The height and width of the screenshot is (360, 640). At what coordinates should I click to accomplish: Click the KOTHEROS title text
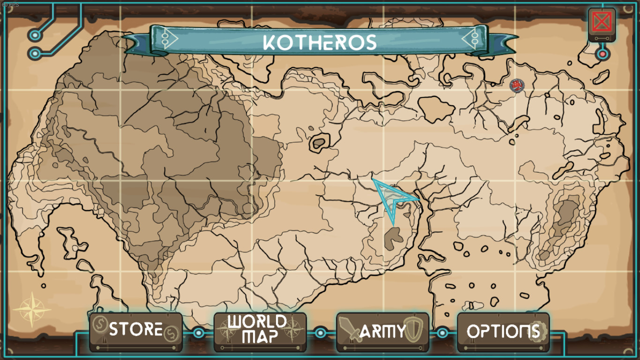point(320,42)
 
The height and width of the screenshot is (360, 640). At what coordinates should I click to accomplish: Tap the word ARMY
point(382,332)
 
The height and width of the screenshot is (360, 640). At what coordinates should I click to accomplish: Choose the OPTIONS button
point(503,331)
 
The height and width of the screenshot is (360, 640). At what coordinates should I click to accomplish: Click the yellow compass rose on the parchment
point(32,309)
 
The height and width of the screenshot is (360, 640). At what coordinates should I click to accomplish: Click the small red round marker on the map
point(516,85)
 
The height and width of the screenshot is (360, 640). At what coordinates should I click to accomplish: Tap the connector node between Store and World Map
point(198,333)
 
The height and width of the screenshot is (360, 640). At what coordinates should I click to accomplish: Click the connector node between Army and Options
point(442,333)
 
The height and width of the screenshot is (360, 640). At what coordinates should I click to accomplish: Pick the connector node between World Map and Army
point(320,333)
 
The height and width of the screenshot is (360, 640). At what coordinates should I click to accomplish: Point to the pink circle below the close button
point(602,54)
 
